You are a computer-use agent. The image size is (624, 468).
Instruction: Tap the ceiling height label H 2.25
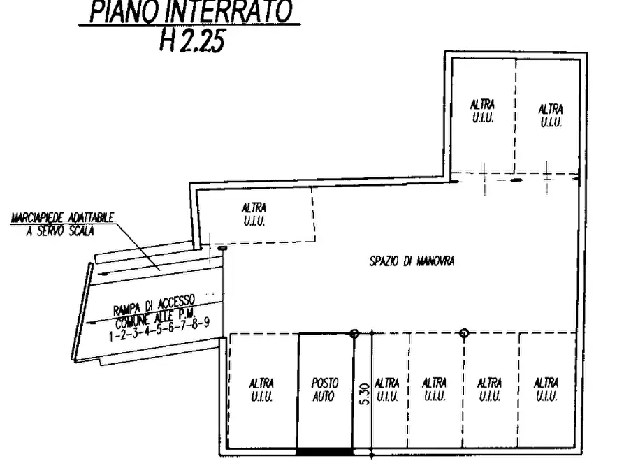click(192, 41)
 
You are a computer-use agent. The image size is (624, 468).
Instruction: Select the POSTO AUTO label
click(324, 390)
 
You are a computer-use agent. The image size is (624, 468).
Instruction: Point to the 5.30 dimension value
click(363, 395)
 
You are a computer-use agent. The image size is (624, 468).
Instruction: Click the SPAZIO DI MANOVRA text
click(412, 261)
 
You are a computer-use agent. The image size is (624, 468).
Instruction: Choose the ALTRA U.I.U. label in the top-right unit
click(550, 115)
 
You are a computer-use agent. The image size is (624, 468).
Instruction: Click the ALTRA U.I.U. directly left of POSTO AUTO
click(261, 390)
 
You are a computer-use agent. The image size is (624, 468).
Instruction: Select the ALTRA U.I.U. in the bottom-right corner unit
click(546, 390)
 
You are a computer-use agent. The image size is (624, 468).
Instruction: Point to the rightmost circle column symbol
click(463, 334)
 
